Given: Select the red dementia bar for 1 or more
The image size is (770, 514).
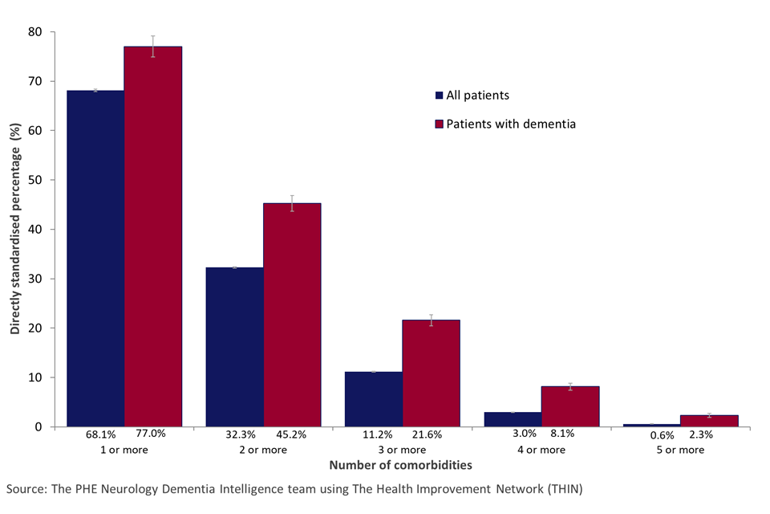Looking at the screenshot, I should (153, 237).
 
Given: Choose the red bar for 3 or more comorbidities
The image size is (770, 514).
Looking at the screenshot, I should (432, 373).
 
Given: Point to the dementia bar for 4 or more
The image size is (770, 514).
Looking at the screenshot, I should (570, 406).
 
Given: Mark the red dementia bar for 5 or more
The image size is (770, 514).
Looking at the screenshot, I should (709, 421).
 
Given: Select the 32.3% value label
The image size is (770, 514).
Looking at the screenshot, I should (241, 434).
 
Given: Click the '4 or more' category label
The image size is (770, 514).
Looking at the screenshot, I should (541, 450).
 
